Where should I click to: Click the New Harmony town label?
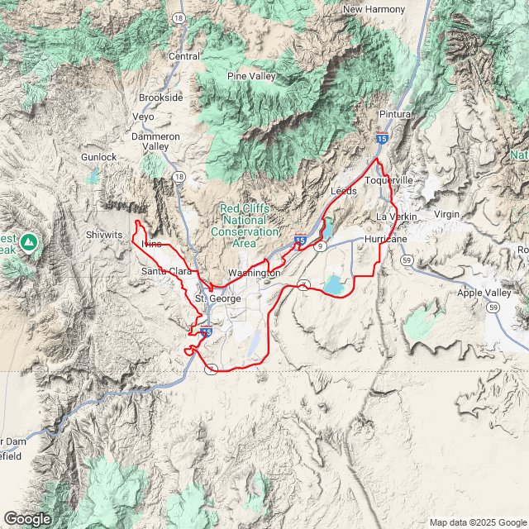374,9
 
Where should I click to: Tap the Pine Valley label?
251,77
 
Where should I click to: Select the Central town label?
184,56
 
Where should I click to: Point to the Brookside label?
160,97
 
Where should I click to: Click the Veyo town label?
143,117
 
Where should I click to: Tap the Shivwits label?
104,235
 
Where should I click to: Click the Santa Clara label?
165,271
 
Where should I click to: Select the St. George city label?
217,298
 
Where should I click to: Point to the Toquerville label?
388,180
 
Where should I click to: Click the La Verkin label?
393,217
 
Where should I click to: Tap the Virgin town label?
446,214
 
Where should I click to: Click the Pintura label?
395,113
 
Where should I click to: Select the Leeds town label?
343,191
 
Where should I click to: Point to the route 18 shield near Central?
179,17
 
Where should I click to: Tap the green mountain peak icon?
29,241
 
